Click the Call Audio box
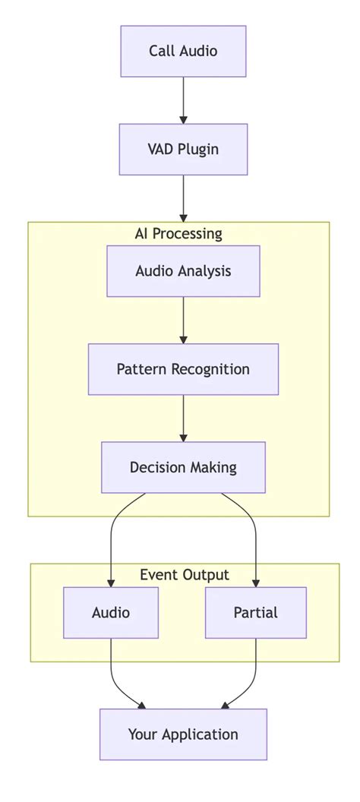click(x=183, y=51)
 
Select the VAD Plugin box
click(x=183, y=150)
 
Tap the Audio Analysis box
click(x=183, y=271)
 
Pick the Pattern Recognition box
click(x=183, y=369)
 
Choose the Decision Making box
click(x=183, y=467)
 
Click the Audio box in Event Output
click(x=111, y=612)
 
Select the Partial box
click(x=256, y=612)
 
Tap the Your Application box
click(x=183, y=734)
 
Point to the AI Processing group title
click(x=178, y=233)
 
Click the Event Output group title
click(x=185, y=575)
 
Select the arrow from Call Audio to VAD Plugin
click(x=183, y=99)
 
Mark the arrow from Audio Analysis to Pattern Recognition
click(x=183, y=320)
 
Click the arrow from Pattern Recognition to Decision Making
click(x=183, y=418)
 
